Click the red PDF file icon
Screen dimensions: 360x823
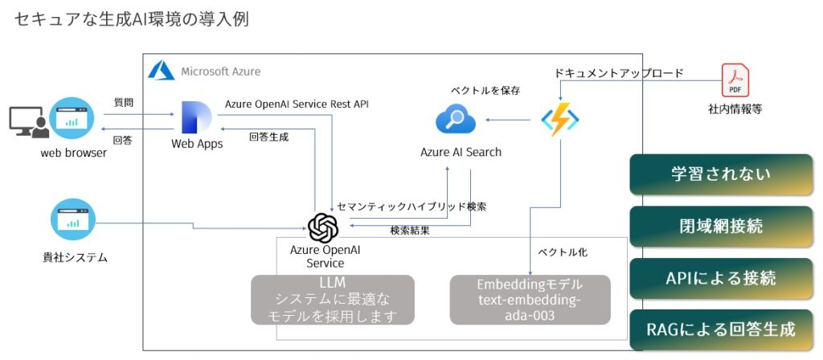(735, 80)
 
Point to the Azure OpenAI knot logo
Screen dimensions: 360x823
(323, 228)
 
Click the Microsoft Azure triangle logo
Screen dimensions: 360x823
(162, 71)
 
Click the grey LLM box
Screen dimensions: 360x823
(333, 300)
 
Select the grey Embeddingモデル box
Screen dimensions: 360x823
(530, 300)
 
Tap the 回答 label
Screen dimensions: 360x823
(123, 140)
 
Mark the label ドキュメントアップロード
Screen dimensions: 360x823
(619, 73)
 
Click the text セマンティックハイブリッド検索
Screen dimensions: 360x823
(411, 207)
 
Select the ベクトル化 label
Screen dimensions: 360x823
(562, 252)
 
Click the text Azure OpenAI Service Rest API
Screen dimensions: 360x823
(297, 104)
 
